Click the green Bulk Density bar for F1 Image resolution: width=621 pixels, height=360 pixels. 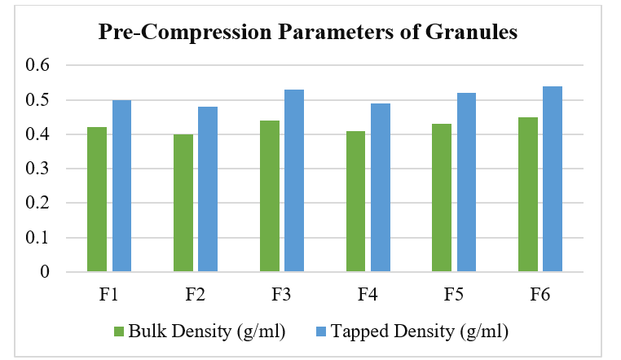pos(97,199)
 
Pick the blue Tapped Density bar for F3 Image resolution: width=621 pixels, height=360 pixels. pos(294,180)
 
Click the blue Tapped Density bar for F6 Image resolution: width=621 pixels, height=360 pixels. pos(553,178)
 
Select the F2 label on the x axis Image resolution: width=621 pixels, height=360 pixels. pos(196,295)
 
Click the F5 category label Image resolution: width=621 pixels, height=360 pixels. pos(454,295)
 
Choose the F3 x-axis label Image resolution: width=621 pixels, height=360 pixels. pos(281,295)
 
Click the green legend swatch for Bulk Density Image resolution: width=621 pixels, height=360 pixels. pos(118,331)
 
